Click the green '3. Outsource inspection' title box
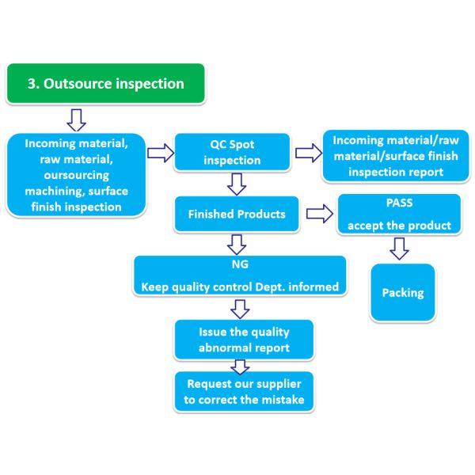click(x=106, y=84)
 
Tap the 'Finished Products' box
click(x=229, y=214)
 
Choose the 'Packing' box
click(x=402, y=292)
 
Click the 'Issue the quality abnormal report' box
click(x=243, y=339)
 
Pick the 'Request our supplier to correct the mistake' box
click(x=243, y=392)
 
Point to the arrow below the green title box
click(x=75, y=120)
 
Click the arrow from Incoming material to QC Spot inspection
click(x=161, y=154)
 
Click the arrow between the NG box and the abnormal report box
click(x=240, y=306)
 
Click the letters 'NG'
click(x=240, y=267)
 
